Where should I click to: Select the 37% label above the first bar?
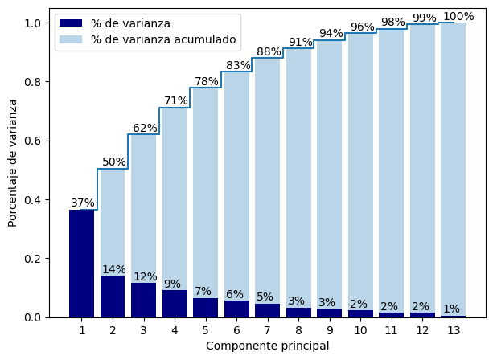click(x=82, y=202)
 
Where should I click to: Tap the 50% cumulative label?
click(x=113, y=162)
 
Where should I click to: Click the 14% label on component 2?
click(x=113, y=269)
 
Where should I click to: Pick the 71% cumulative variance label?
click(x=175, y=100)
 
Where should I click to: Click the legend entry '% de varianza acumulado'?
click(x=162, y=39)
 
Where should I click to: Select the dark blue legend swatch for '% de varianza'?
click(x=71, y=23)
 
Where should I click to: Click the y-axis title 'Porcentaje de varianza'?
click(x=13, y=163)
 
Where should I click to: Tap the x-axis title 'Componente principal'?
click(x=267, y=346)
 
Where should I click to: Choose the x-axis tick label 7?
click(x=268, y=330)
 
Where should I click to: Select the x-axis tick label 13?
click(x=454, y=330)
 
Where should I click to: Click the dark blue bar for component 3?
click(x=144, y=301)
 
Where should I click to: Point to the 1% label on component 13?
click(x=451, y=309)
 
